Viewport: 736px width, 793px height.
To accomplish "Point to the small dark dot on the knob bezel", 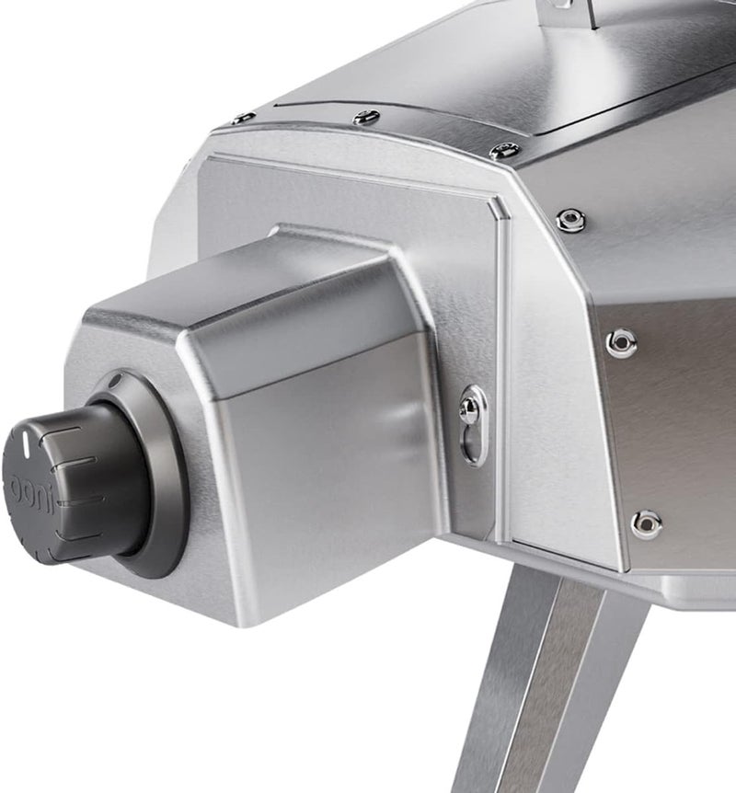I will (x=113, y=379).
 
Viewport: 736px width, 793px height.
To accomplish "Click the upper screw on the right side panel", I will (x=622, y=340).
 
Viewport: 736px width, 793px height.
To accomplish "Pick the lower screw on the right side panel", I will (x=647, y=523).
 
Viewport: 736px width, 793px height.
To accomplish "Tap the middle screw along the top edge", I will (x=365, y=117).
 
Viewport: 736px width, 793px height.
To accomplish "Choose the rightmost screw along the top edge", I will (x=504, y=150).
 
